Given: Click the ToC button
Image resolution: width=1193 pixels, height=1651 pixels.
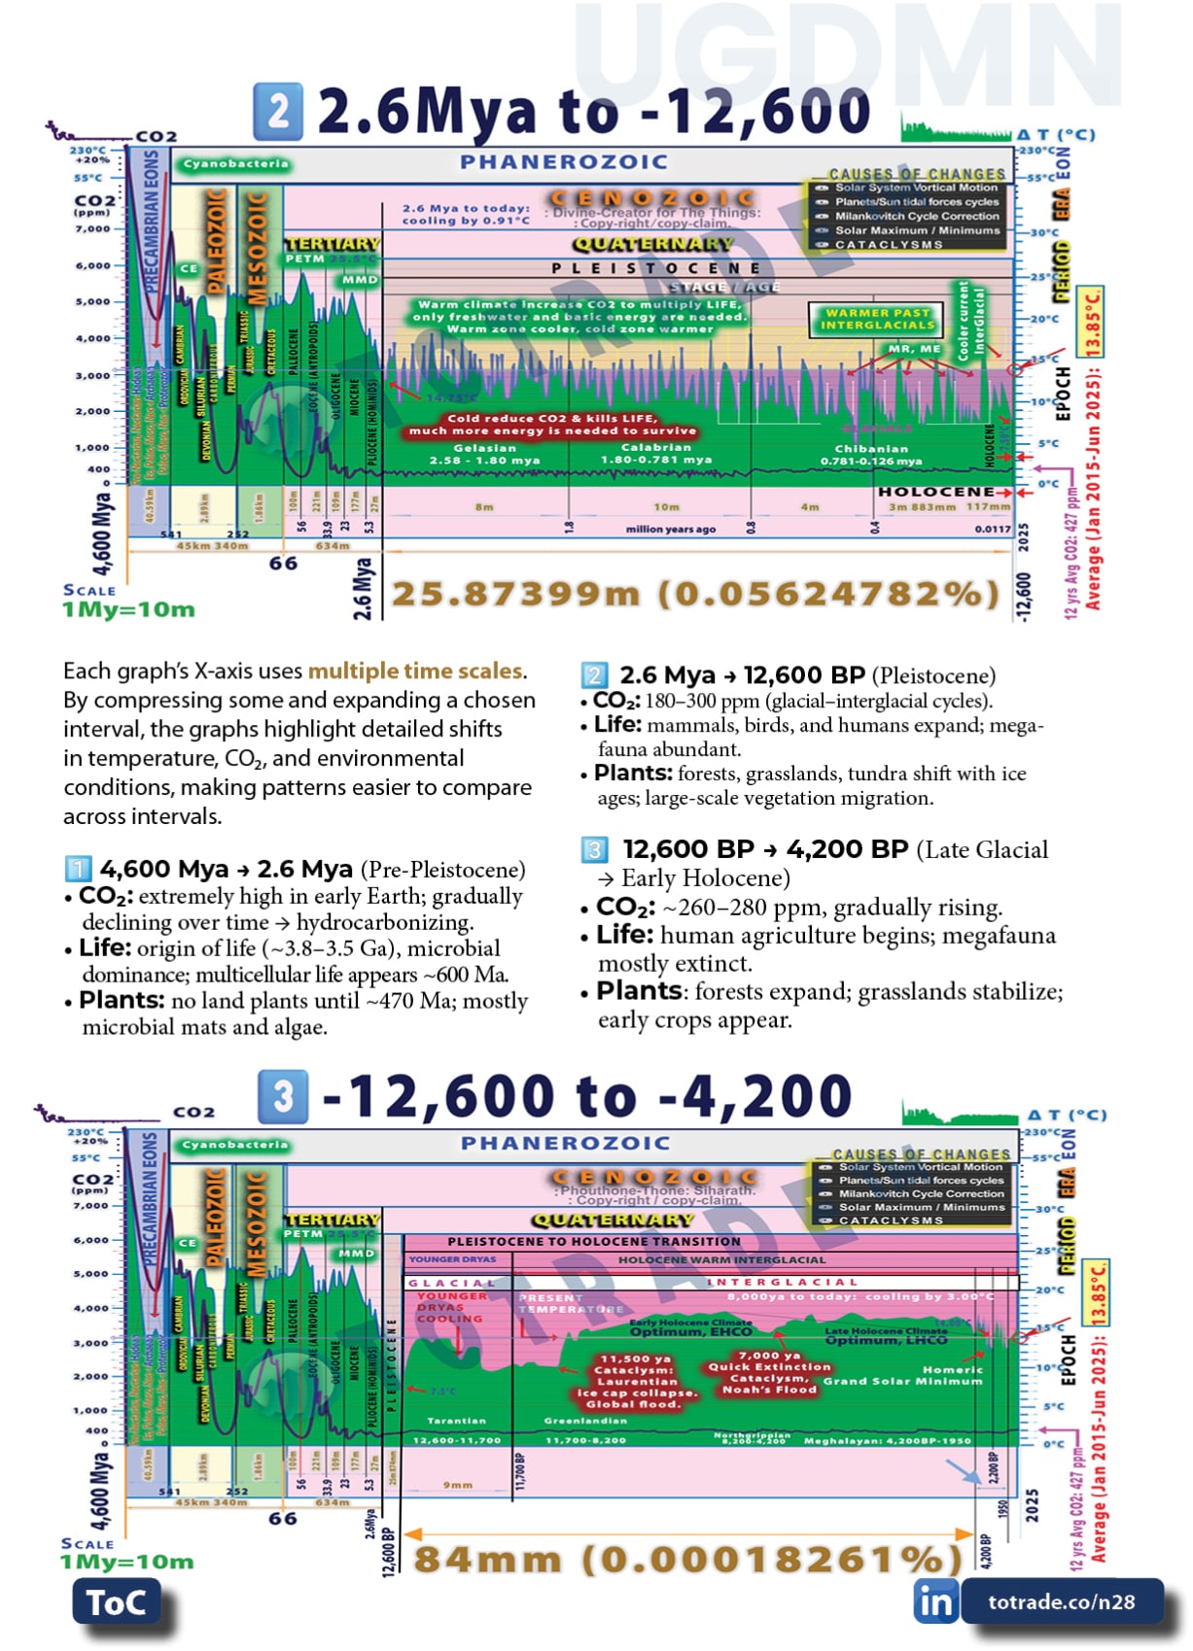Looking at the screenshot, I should (x=116, y=1602).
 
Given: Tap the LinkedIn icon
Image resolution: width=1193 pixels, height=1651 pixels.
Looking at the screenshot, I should (x=935, y=1600).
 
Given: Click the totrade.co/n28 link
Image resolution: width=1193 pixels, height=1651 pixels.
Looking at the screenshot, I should (x=1061, y=1601).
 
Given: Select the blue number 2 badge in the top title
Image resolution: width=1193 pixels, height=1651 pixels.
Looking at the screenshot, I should (x=278, y=111).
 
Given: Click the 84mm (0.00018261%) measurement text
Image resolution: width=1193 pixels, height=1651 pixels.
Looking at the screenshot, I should (x=680, y=1560).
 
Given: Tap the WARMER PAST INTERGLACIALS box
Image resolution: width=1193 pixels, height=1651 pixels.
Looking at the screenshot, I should (x=878, y=319).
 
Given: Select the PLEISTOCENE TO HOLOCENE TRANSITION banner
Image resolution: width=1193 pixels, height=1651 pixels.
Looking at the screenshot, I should (x=594, y=1241).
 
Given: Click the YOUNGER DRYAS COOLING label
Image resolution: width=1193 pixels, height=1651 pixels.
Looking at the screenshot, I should (x=450, y=1307).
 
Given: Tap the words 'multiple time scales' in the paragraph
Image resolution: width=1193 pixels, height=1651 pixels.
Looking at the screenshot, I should (x=415, y=671).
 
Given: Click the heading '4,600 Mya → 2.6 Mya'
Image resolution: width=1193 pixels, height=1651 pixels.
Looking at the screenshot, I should (x=226, y=869).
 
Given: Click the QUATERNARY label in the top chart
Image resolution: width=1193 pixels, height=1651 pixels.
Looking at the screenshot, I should (x=651, y=244).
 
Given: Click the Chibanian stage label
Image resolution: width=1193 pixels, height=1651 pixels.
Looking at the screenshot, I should (x=871, y=449).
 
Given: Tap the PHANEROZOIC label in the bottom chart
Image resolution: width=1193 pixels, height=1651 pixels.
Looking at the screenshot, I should (x=565, y=1143).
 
